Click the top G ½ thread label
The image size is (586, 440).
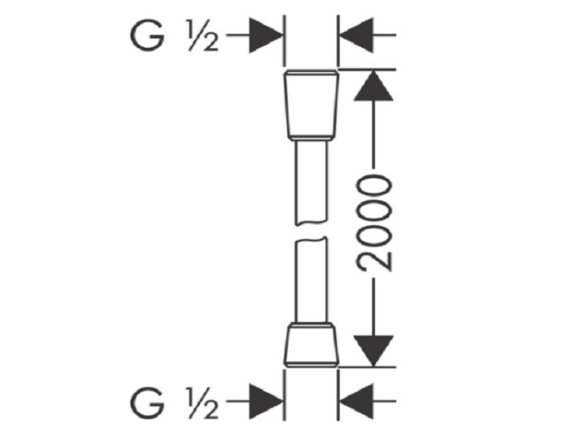(173, 35)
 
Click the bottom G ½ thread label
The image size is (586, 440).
(173, 402)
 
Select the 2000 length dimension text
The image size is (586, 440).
(374, 224)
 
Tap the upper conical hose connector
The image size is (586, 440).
(312, 105)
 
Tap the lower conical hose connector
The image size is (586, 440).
(311, 345)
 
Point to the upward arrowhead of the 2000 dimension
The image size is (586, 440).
(373, 86)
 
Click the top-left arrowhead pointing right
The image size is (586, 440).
(266, 35)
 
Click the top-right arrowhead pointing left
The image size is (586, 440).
(356, 35)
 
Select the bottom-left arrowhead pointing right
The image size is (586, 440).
(266, 402)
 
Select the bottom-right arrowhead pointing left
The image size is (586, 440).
(356, 402)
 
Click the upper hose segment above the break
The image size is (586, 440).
(311, 183)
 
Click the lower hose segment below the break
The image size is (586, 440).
(311, 280)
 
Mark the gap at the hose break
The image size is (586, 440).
(311, 231)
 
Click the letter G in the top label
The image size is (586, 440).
(147, 35)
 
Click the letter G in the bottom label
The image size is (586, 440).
(147, 402)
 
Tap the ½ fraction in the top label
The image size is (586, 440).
(202, 36)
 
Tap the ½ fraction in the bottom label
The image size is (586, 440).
(202, 403)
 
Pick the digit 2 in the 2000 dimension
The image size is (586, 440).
(374, 260)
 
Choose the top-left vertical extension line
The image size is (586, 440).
(284, 41)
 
